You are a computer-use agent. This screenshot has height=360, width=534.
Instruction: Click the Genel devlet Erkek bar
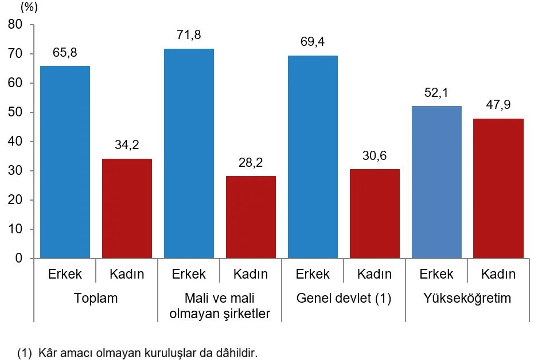pyautogui.click(x=313, y=157)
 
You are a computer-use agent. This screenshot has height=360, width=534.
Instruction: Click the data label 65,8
pyautogui.click(x=65, y=53)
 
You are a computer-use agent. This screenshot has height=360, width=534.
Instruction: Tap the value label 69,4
pyautogui.click(x=313, y=42)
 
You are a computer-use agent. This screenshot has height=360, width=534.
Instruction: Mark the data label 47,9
pyautogui.click(x=498, y=105)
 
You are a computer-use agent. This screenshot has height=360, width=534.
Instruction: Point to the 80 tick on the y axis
pyautogui.click(x=15, y=25)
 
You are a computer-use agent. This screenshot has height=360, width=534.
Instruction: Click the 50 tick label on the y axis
pyautogui.click(x=15, y=112)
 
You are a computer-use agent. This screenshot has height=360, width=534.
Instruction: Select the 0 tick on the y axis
pyautogui.click(x=19, y=259)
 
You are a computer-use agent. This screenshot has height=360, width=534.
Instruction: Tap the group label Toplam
pyautogui.click(x=96, y=299)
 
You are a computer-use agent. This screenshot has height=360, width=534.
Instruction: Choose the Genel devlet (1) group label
pyautogui.click(x=343, y=299)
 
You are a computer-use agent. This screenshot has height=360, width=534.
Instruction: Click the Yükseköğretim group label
pyautogui.click(x=467, y=299)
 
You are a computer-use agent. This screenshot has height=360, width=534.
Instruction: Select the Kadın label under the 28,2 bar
pyautogui.click(x=251, y=274)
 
